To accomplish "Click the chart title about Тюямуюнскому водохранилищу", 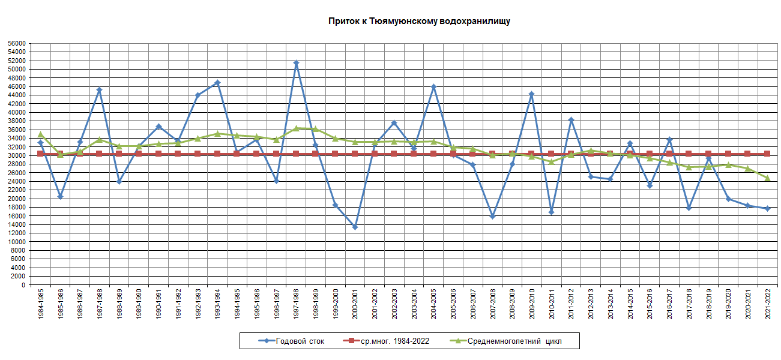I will point(419,21).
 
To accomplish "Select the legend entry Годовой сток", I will point(300,341).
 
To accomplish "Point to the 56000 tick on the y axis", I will point(17,43).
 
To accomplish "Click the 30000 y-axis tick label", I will point(17,155).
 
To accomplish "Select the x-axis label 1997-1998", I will point(296,303).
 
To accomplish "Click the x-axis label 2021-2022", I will point(767,303).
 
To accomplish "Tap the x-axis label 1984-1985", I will point(40,303).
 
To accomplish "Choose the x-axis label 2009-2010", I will point(531,303).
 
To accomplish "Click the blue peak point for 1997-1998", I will point(296,63).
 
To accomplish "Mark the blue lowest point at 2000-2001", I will point(355,227).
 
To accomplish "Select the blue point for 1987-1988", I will point(99,90).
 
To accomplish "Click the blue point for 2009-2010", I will point(531,94).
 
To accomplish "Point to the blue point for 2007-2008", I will point(492,217).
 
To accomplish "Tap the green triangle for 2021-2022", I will point(767,178).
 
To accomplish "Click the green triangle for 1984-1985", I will point(40,134).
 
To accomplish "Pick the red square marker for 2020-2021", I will point(747,154).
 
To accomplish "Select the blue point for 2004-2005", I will point(433,86).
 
